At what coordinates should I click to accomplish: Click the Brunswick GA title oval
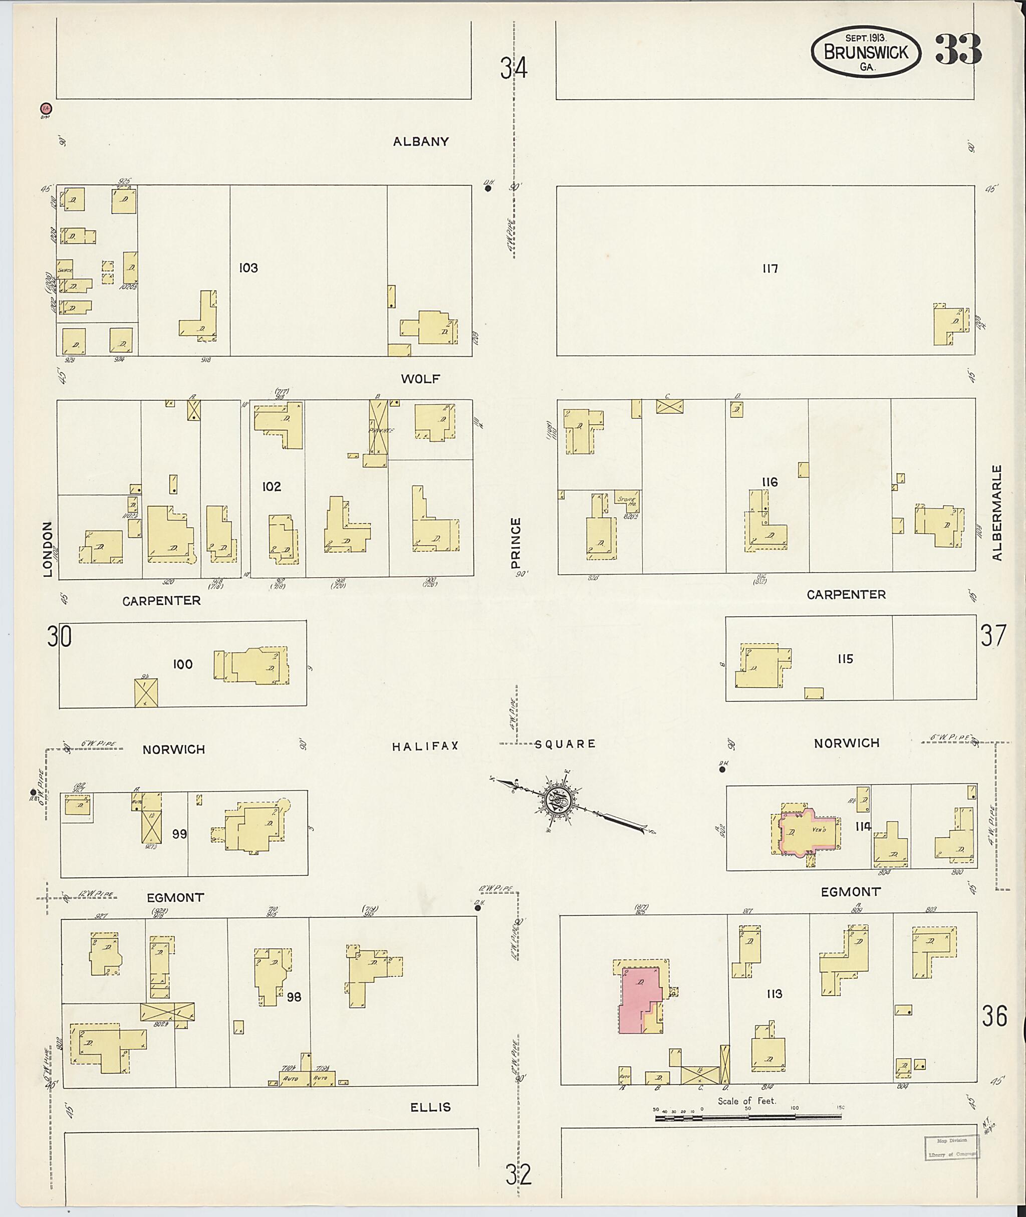pos(866,52)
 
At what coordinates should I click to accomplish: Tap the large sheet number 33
pos(958,50)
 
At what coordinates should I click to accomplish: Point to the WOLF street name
pos(420,379)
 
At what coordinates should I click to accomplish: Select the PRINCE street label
pos(516,543)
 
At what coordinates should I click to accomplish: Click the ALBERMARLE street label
pos(997,512)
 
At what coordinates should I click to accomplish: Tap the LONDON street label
pos(48,549)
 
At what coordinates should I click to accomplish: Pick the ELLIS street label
pos(430,1107)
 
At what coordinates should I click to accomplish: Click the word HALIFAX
pos(425,746)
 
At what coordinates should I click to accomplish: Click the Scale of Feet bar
pos(747,1117)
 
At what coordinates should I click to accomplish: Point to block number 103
pos(248,268)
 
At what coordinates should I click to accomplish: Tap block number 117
pos(770,268)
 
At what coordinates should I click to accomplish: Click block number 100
pos(183,664)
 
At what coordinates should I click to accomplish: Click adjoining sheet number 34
pos(514,69)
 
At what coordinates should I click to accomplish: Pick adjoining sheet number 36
pos(994,1016)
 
